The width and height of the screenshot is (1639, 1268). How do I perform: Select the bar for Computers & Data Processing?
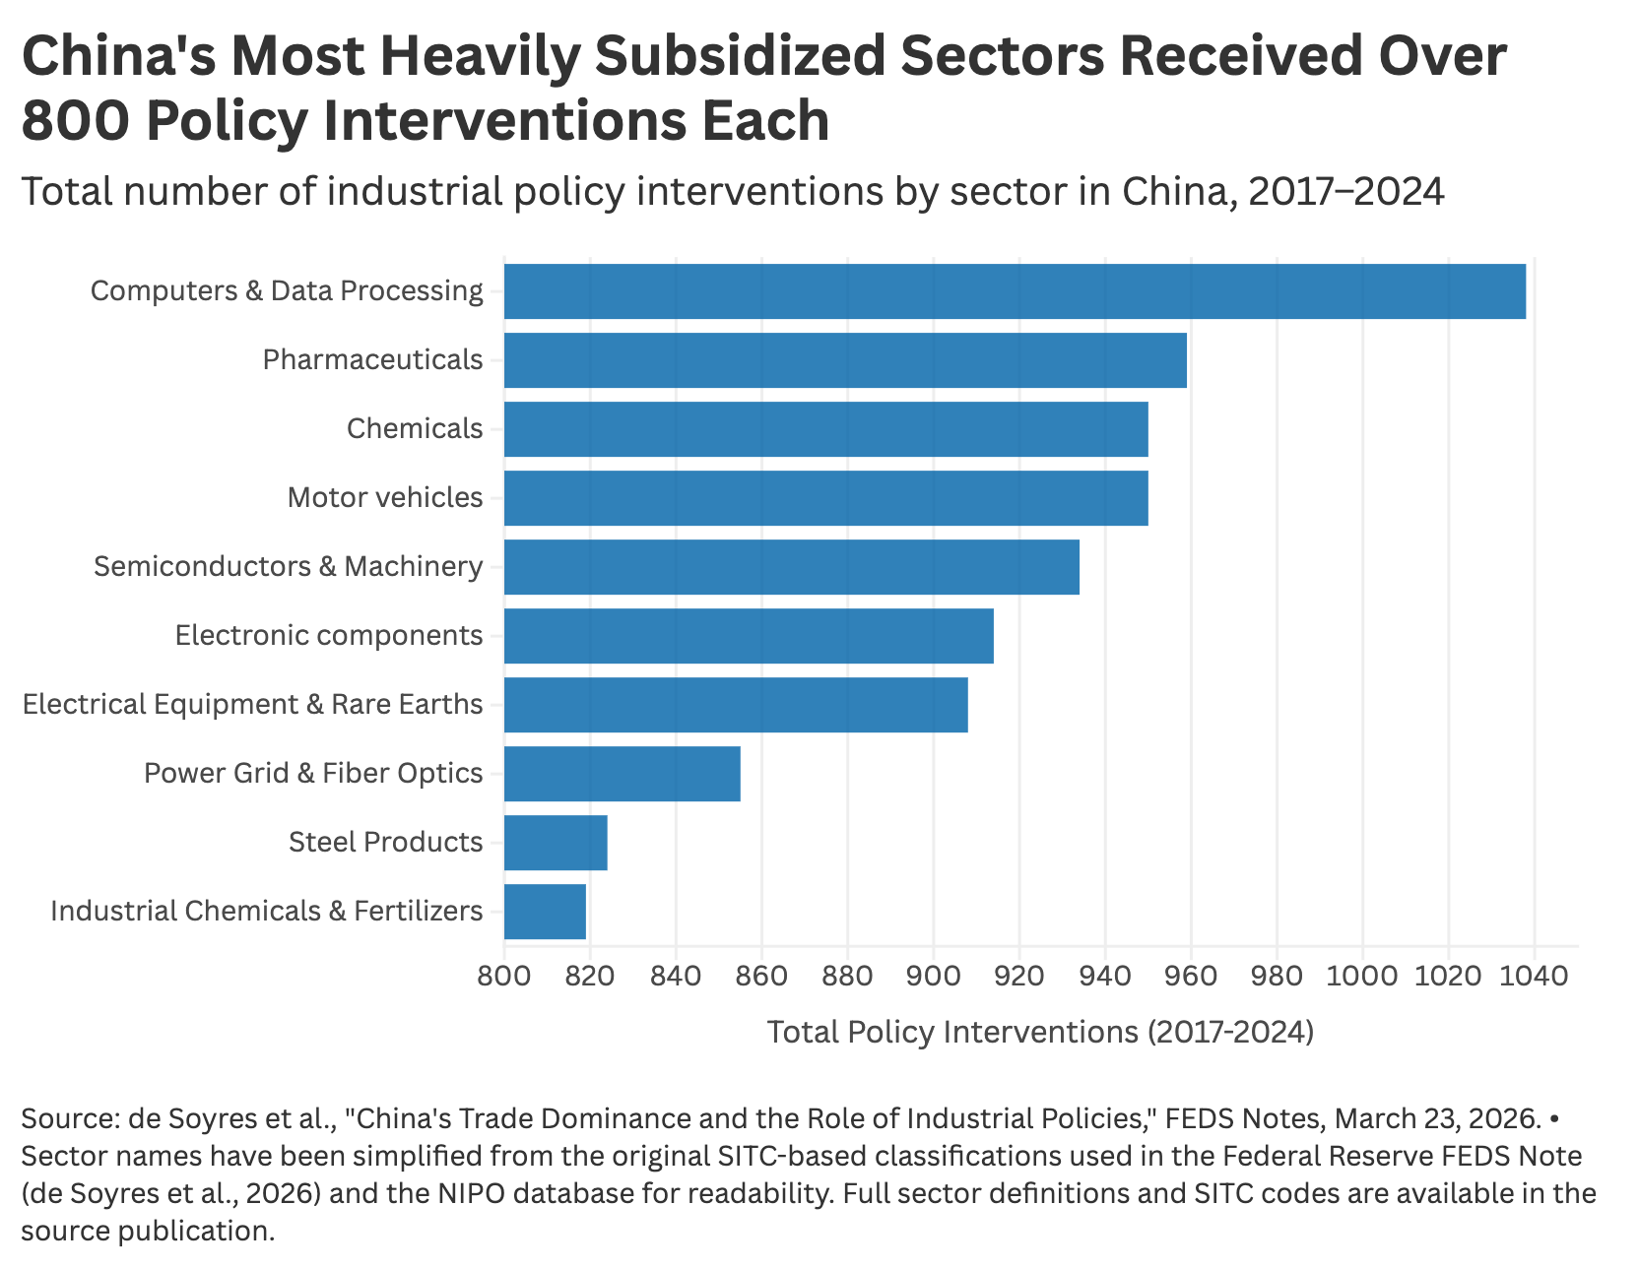[x=1015, y=291]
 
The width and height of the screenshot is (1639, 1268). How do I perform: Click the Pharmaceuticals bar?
[x=845, y=360]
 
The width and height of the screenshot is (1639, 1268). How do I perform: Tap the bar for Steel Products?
[x=556, y=843]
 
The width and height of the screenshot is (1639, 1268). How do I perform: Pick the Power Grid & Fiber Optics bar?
[x=622, y=774]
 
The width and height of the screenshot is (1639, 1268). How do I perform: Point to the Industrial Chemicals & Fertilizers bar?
[x=545, y=912]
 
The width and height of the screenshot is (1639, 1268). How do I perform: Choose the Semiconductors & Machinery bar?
[x=791, y=567]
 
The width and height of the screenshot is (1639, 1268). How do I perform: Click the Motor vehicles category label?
[x=385, y=498]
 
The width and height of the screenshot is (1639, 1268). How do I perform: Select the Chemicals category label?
[x=415, y=429]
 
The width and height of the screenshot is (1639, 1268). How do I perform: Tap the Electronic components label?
[x=329, y=636]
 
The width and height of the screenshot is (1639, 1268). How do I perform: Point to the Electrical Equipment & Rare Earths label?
[x=253, y=705]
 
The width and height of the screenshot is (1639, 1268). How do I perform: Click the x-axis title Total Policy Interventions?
[x=1040, y=1032]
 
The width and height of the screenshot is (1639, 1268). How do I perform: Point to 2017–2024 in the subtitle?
[x=1345, y=191]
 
